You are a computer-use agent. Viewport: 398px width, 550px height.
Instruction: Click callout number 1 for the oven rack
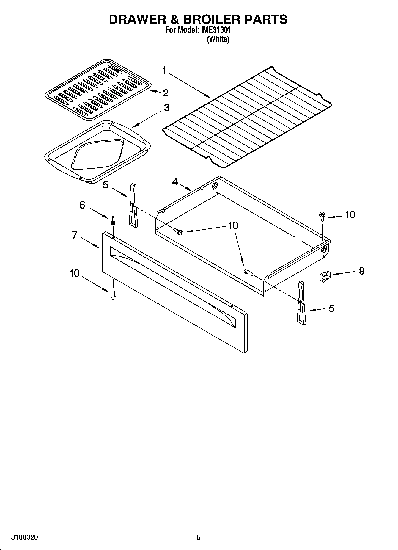(164, 70)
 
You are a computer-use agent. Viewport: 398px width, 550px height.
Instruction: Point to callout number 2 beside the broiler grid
(166, 93)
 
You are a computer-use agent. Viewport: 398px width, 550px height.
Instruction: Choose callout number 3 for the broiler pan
(166, 107)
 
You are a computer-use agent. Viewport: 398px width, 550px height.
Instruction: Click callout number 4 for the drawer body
(175, 181)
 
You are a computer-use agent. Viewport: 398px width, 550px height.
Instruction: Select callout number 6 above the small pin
(82, 205)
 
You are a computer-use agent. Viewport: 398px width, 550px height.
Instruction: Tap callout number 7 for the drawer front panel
(75, 235)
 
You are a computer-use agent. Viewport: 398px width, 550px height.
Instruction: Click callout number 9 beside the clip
(361, 271)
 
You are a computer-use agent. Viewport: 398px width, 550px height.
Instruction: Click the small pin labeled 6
(113, 221)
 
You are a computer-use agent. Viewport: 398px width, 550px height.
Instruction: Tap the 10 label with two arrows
(233, 225)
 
